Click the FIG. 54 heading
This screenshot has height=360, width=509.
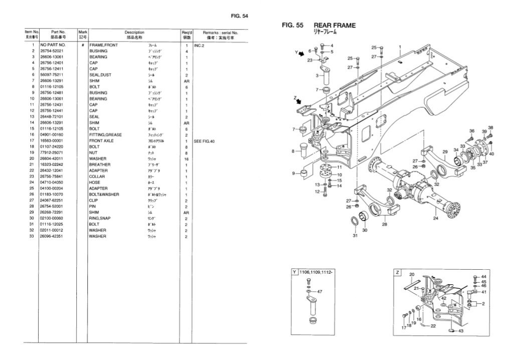point(239,16)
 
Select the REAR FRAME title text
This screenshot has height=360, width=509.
point(335,25)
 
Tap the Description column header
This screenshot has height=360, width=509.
point(134,32)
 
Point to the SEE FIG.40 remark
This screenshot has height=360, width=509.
point(204,141)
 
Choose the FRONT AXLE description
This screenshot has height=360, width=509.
point(101,141)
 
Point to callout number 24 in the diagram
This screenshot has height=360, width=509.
point(436,218)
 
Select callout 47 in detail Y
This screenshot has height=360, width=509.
point(319,291)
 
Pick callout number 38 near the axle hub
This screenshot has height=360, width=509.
point(490,127)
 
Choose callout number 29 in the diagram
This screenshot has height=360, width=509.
point(444,151)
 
